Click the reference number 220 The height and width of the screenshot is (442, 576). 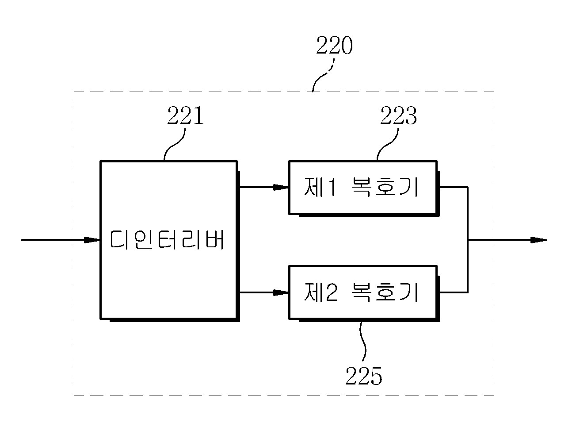pos(334,46)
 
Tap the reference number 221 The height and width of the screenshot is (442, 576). pos(185,115)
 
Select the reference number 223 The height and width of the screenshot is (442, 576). pos(398,115)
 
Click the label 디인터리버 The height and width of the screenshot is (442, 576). pos(167,239)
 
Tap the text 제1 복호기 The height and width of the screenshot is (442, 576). pos(361,187)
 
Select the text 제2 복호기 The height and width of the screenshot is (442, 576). pos(361,292)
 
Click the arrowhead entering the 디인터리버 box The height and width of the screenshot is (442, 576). pos(92,240)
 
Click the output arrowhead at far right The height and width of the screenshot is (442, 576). pos(538,240)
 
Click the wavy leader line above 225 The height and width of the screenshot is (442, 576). pos(363,343)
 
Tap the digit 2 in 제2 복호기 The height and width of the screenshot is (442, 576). pos(331,292)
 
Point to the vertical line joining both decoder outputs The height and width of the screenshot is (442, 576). pos(468,240)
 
